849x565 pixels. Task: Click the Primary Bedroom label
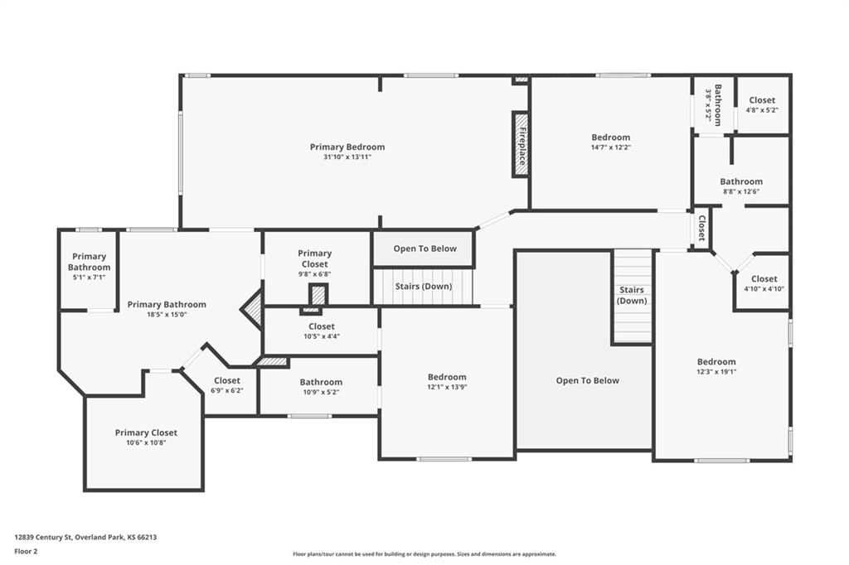point(347,147)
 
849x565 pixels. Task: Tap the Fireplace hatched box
point(521,144)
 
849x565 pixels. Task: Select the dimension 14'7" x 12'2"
point(611,147)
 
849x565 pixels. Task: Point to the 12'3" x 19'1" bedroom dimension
point(716,372)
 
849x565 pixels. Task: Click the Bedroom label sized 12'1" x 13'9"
point(447,377)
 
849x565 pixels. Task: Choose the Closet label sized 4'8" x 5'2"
point(762,100)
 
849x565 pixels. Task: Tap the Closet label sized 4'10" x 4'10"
point(764,278)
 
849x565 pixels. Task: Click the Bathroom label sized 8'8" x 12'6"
point(740,181)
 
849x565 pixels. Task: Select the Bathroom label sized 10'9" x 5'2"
point(321,382)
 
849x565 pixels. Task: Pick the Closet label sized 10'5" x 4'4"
point(322,326)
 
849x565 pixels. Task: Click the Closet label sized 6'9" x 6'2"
point(227,380)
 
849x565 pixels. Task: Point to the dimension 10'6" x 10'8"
point(146,442)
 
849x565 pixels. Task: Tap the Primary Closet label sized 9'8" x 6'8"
point(314,258)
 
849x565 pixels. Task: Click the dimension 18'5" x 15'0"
point(166,315)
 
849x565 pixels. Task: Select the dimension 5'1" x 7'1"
point(89,277)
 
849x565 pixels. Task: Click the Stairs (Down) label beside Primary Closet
point(424,287)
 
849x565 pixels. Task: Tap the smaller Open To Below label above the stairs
point(425,249)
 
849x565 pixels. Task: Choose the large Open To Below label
point(588,380)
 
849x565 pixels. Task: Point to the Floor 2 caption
point(26,552)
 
